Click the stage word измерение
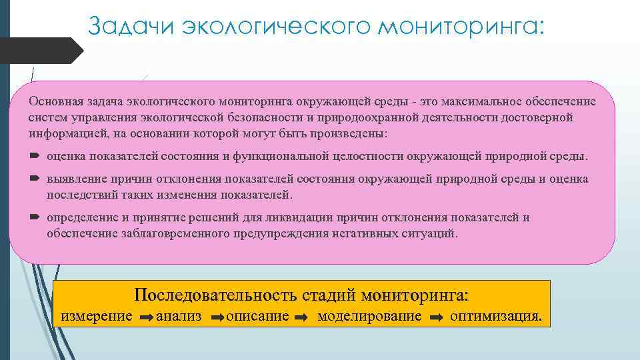point(97,316)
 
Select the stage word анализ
point(178,316)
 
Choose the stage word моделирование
point(369,316)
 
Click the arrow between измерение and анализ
point(147,317)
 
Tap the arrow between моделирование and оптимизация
point(436,317)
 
